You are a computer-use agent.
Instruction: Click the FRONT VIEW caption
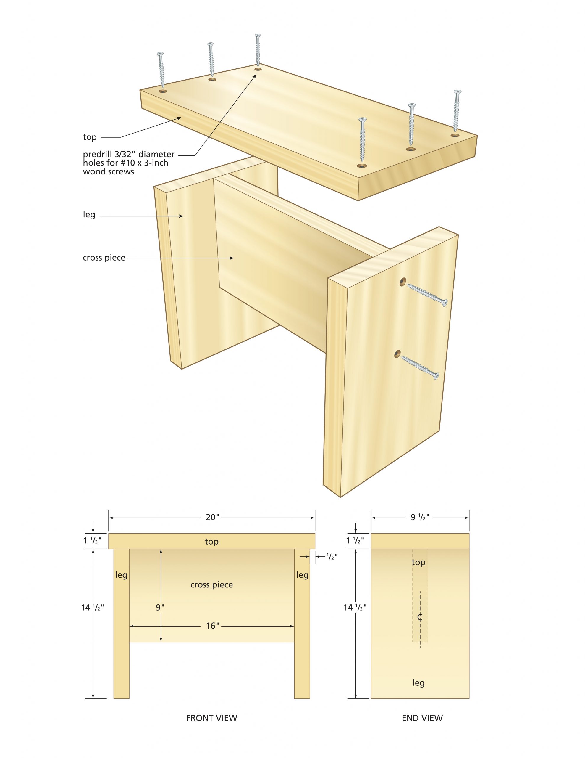click(x=211, y=718)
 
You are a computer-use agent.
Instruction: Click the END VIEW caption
click(x=422, y=718)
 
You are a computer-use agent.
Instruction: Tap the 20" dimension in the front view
click(x=212, y=517)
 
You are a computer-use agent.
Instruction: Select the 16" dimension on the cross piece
click(x=213, y=625)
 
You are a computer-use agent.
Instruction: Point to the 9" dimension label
click(x=160, y=607)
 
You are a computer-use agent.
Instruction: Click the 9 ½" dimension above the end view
click(x=420, y=517)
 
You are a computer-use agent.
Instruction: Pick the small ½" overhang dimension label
click(x=332, y=557)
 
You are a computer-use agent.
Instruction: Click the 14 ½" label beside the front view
click(x=92, y=607)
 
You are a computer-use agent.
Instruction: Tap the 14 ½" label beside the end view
click(x=355, y=607)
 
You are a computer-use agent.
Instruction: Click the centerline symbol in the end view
click(x=420, y=617)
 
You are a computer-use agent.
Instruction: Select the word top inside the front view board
click(x=211, y=542)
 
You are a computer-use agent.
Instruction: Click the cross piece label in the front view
click(x=211, y=584)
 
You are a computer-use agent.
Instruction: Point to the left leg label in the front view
click(x=121, y=575)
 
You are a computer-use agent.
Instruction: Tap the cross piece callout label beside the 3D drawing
click(x=104, y=258)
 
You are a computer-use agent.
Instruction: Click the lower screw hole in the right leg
click(x=397, y=353)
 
